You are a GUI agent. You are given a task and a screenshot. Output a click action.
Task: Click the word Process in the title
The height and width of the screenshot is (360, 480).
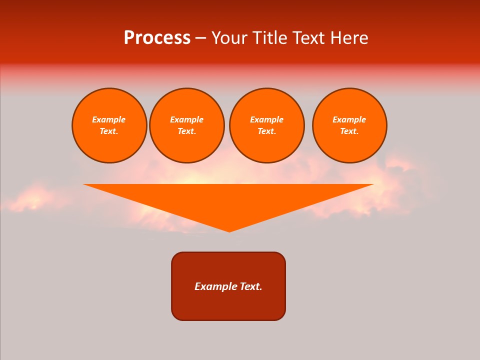click(x=157, y=38)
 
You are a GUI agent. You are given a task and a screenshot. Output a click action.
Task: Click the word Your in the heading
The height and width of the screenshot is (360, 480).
click(x=230, y=38)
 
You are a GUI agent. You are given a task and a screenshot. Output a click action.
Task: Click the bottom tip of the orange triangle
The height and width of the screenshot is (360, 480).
click(x=229, y=230)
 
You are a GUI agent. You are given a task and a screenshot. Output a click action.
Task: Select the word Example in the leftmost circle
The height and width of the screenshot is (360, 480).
click(x=109, y=119)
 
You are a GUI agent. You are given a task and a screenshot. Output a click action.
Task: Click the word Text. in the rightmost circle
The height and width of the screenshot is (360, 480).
click(x=349, y=131)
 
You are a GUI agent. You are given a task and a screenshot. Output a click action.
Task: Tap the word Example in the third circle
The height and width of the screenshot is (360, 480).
click(x=266, y=119)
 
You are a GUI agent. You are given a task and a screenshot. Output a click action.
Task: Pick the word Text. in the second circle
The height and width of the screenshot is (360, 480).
click(x=187, y=131)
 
